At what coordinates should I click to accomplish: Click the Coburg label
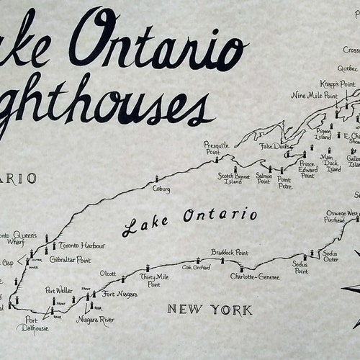161,189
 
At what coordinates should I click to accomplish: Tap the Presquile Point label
216,148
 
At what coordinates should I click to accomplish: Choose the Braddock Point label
230,253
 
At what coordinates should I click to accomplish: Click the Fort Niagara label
119,294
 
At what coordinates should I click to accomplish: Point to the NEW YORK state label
210,310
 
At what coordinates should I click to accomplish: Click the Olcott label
108,274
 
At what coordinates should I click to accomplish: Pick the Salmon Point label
264,179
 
